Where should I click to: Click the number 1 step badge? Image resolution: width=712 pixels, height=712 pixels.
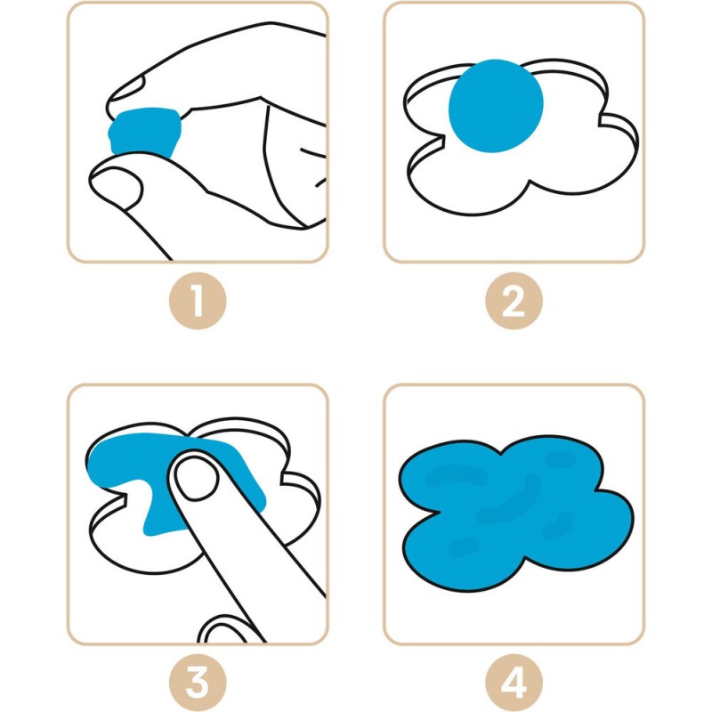198,301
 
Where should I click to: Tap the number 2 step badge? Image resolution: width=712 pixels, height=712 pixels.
514,301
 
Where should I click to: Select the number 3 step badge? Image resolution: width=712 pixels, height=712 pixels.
198,683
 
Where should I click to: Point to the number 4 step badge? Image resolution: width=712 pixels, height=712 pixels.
514,683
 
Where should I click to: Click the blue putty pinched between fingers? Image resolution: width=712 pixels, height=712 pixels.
143,132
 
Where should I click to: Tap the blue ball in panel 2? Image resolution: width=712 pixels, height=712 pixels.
496,106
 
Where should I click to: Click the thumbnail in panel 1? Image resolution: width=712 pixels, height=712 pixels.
116,185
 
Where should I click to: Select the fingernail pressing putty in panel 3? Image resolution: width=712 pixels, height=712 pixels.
196,478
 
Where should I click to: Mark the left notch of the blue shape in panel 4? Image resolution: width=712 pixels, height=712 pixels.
439,511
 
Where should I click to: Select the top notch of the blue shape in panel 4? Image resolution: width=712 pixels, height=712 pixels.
501,452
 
